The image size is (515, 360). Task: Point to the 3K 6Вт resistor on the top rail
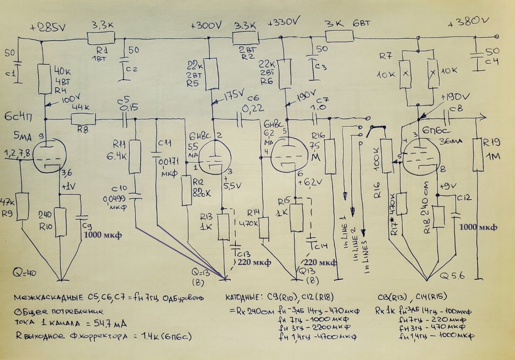pyautogui.click(x=339, y=36)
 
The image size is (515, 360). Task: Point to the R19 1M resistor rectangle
pyautogui.click(x=477, y=155)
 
